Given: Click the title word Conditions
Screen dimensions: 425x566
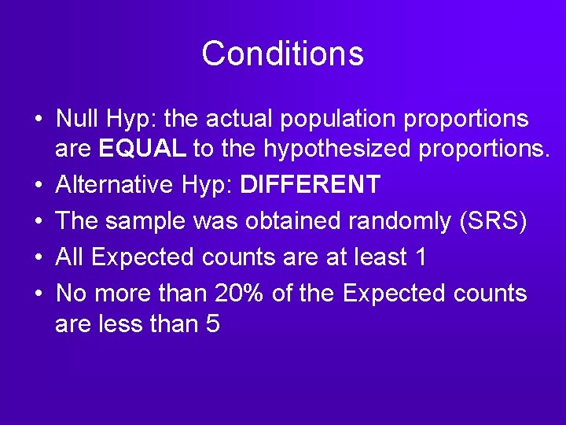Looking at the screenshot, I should pos(282,54).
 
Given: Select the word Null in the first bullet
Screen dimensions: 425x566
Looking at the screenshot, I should pos(76,119).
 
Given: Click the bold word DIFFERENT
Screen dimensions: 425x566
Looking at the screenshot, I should pos(311,185).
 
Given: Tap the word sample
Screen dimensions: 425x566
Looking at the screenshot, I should pos(147,222).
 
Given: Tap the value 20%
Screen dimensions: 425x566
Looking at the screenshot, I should pos(237,293).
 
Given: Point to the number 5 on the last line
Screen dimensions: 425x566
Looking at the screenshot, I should pos(212,323).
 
